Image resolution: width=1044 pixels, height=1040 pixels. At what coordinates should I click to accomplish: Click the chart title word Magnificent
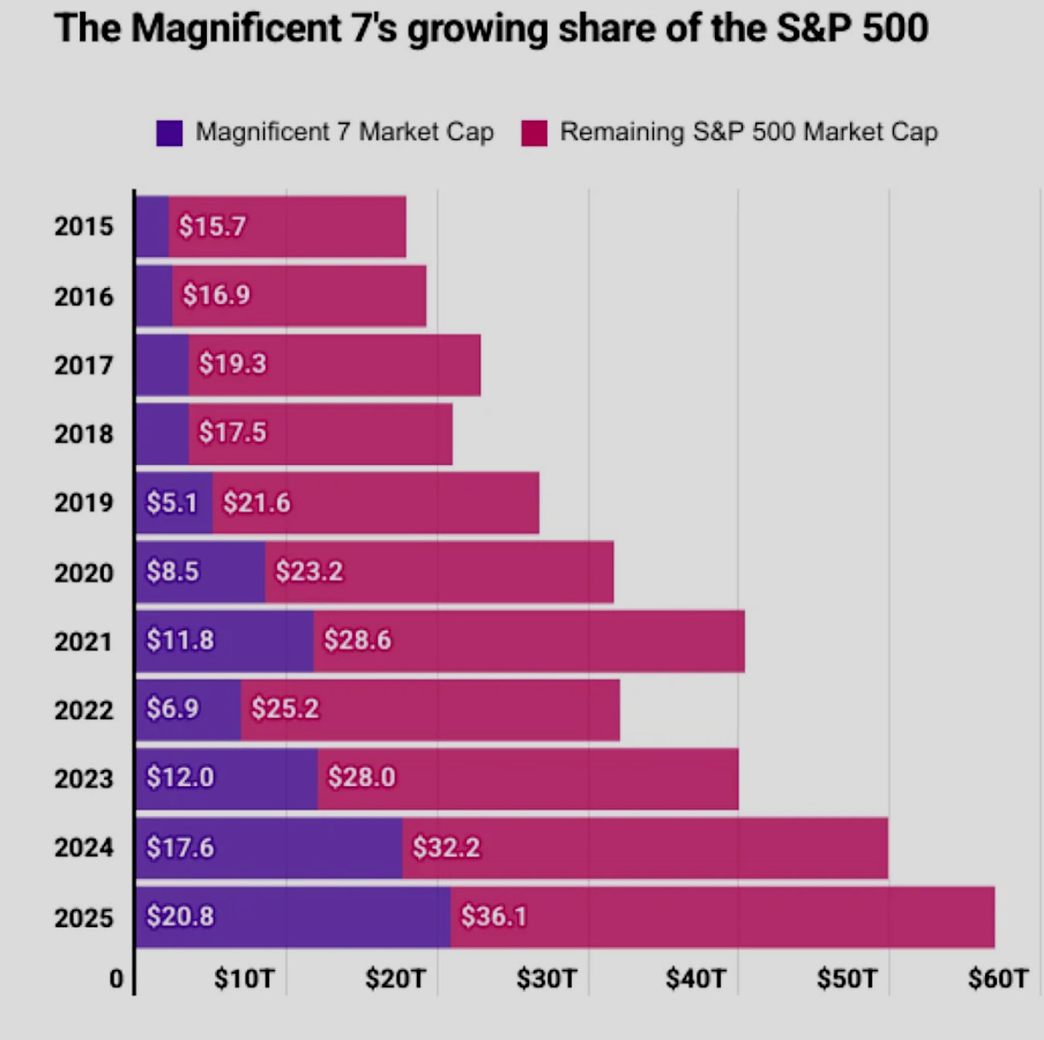(235, 29)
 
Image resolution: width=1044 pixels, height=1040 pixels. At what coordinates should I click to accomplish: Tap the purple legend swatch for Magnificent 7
(169, 133)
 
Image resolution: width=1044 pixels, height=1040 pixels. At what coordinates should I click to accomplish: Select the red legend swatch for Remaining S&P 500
(534, 133)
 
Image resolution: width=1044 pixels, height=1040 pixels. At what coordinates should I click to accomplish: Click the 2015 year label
(83, 226)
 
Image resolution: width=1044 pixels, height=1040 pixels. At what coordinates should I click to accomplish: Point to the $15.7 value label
(212, 226)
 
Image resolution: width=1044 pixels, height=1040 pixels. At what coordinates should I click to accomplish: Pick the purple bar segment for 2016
(154, 296)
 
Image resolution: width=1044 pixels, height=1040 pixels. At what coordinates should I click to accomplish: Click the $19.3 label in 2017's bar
(232, 364)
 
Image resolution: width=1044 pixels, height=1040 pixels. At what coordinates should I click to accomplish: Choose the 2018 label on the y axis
(83, 434)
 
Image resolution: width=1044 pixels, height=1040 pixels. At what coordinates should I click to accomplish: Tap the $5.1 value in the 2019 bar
(172, 503)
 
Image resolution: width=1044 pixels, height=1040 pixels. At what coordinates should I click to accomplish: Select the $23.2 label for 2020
(309, 571)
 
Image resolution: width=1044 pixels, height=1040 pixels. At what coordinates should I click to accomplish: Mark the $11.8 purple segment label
(180, 640)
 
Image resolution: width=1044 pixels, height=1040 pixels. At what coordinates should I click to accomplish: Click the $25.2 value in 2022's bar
(285, 709)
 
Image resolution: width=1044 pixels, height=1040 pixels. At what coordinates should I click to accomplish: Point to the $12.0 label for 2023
(180, 777)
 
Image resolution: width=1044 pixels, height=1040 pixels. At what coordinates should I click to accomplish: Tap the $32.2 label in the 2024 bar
(446, 848)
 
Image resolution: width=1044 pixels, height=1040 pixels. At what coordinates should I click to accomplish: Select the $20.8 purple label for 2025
(180, 916)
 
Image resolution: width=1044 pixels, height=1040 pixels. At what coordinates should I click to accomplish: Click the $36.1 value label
(493, 916)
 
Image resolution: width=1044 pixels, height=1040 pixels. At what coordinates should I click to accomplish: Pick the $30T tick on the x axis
(546, 979)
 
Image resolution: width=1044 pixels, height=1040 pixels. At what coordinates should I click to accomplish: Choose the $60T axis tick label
(998, 979)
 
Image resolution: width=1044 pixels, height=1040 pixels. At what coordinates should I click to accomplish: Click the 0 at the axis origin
(117, 979)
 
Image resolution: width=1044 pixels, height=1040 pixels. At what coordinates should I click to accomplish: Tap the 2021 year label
(83, 642)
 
